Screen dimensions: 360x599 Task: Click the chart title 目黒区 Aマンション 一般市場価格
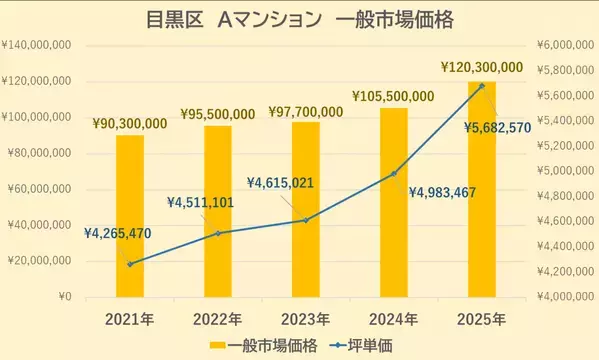[299, 20]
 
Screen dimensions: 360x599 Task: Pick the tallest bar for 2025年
[482, 190]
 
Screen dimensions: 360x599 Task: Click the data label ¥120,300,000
[481, 67]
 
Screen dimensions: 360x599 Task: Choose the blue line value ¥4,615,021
[288, 184]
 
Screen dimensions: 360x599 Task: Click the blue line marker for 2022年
[218, 233]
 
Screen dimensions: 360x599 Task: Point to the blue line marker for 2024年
[394, 173]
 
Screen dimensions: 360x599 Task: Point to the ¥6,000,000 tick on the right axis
[565, 45]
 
